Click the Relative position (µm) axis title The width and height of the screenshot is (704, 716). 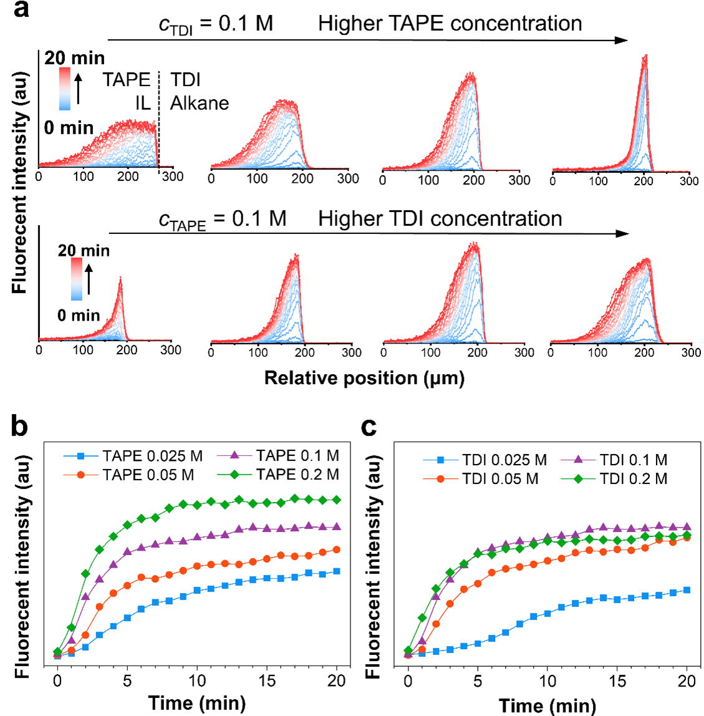(x=364, y=378)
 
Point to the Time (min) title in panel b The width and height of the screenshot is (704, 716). (x=197, y=703)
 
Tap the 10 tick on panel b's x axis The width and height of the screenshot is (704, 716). (x=197, y=680)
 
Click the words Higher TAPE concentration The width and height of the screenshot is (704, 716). (x=450, y=24)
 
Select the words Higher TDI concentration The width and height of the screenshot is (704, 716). (x=440, y=219)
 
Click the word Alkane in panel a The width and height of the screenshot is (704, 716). (x=200, y=103)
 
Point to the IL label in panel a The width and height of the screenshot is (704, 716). (x=143, y=103)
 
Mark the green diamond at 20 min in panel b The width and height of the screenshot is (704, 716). (x=337, y=500)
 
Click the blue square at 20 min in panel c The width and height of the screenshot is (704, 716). (x=687, y=590)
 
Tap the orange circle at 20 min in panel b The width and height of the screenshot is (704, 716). (x=337, y=549)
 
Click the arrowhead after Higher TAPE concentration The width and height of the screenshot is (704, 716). (x=622, y=41)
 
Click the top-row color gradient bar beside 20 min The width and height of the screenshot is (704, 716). (x=65, y=89)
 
